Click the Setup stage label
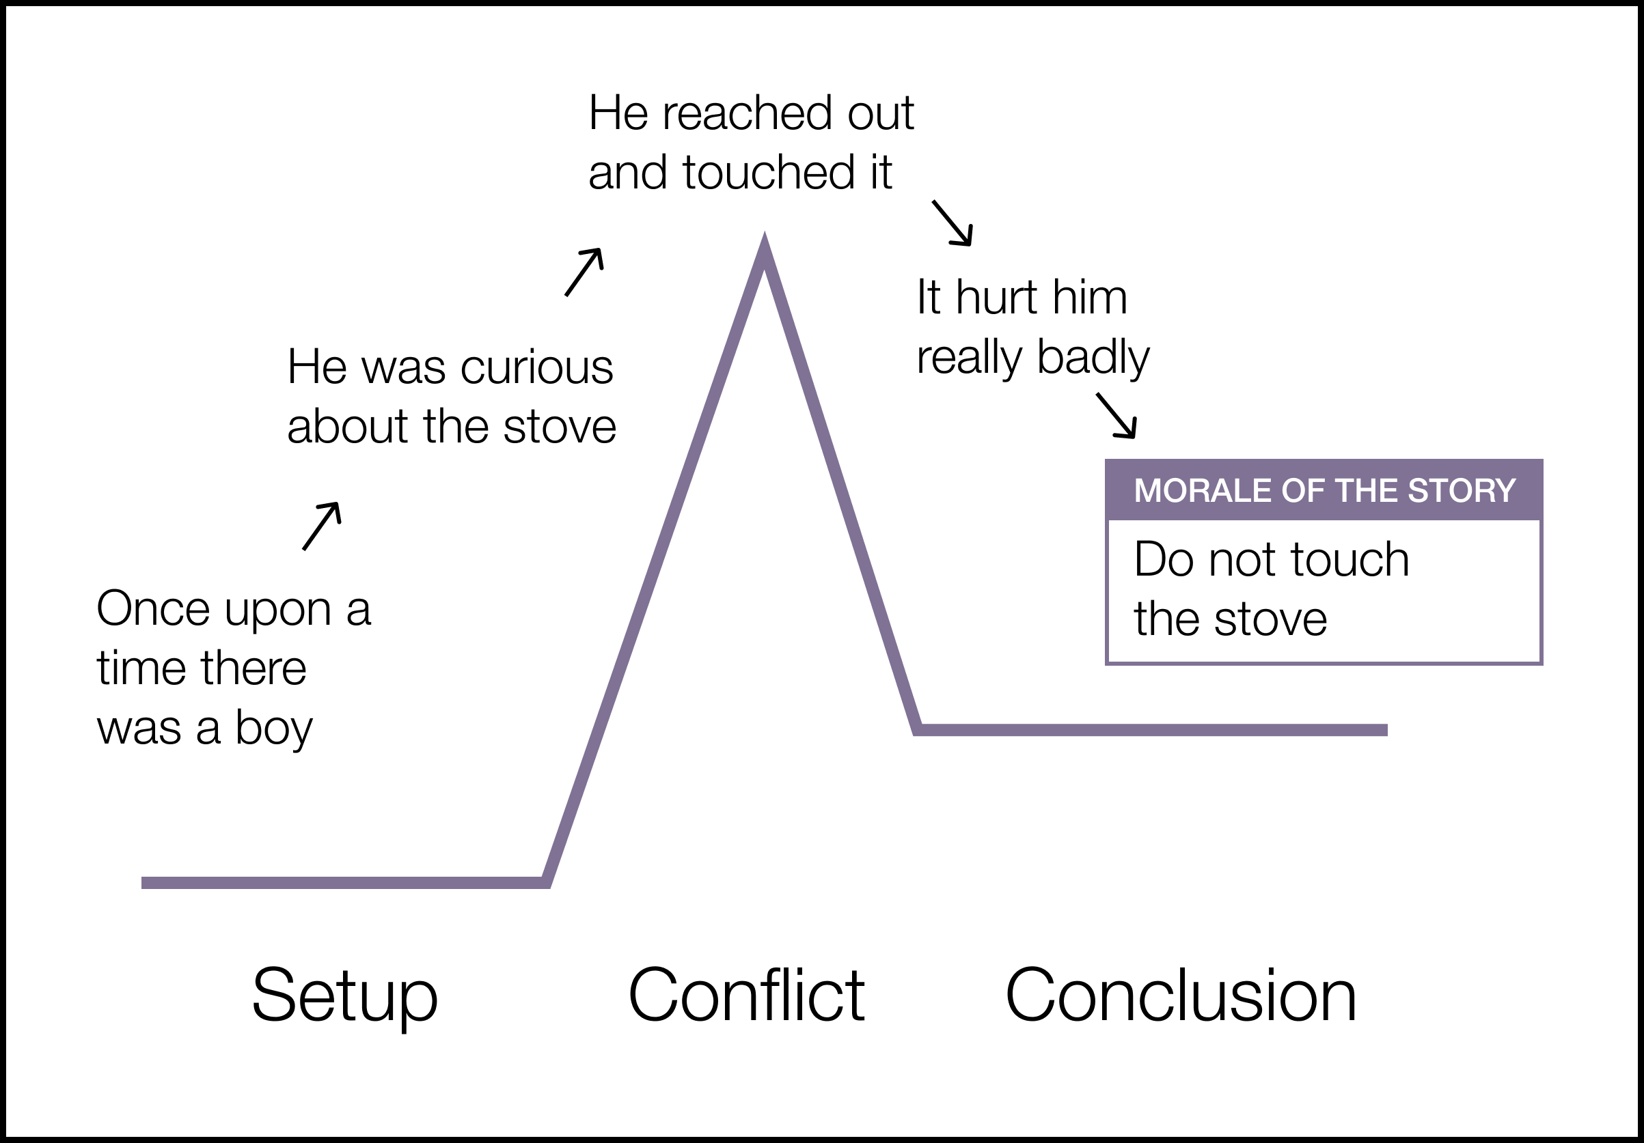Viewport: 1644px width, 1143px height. (344, 996)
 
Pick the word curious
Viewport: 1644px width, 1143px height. (536, 368)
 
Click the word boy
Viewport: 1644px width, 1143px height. (273, 729)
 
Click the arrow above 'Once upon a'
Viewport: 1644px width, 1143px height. (322, 525)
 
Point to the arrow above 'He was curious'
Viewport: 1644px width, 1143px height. (584, 272)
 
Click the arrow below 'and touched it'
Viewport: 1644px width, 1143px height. (953, 223)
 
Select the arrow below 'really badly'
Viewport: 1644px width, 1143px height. (1116, 415)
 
